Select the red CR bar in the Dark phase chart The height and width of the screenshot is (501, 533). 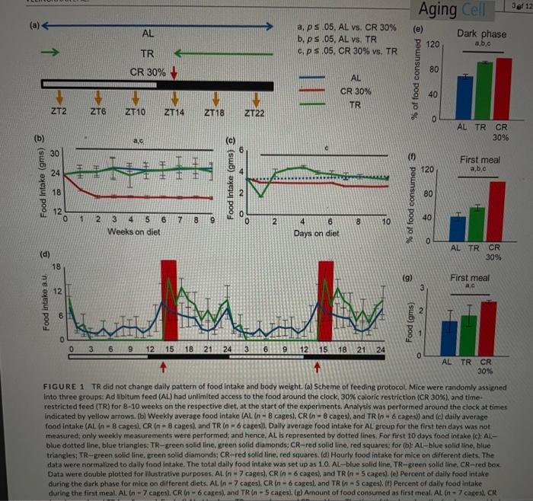pos(501,88)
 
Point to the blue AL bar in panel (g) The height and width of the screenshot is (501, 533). pos(450,337)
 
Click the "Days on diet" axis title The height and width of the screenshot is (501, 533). pos(317,233)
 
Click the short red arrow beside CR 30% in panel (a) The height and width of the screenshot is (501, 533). pos(176,72)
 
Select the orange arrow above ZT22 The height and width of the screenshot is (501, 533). pos(257,99)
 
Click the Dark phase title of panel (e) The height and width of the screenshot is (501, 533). pos(482,34)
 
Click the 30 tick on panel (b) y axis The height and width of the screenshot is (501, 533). pos(53,152)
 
